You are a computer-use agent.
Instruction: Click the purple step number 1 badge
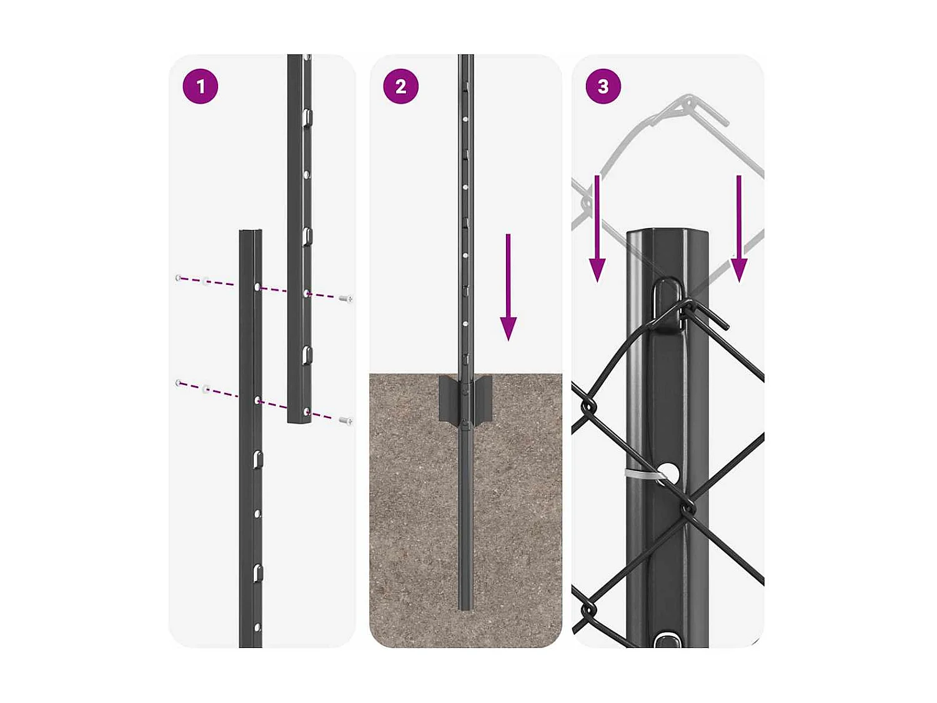(200, 86)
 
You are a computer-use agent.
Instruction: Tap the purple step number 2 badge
(400, 86)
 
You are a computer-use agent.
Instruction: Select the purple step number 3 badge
(603, 86)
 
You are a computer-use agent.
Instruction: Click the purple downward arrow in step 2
(508, 287)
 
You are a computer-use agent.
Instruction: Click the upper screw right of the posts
(346, 299)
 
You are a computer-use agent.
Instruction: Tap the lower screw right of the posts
(346, 421)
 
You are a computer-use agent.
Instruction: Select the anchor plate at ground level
(465, 399)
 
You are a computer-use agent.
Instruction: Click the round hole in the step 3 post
(668, 472)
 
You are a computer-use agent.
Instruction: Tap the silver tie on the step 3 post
(640, 475)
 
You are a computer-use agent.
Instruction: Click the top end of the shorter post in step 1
(250, 232)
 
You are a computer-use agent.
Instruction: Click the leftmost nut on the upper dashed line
(179, 277)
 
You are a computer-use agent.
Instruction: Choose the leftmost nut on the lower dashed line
(179, 382)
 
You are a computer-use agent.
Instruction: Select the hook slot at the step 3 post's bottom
(667, 640)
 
